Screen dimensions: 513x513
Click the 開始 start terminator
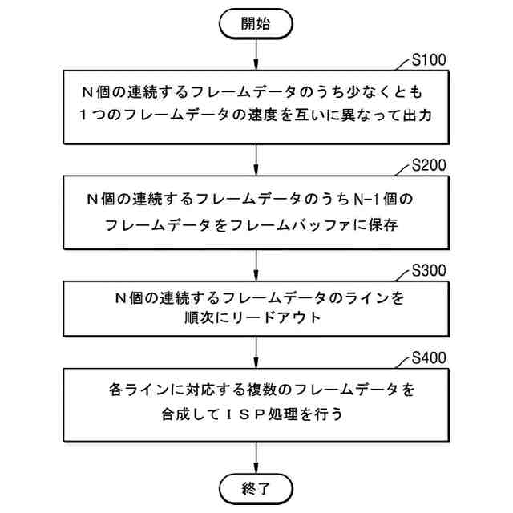(x=256, y=24)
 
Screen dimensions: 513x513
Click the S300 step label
(x=428, y=269)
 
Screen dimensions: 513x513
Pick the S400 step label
(x=428, y=358)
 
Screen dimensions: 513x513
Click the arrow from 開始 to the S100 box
(x=256, y=53)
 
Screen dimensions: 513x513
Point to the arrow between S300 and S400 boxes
(x=256, y=350)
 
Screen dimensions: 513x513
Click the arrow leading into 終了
(x=256, y=455)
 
